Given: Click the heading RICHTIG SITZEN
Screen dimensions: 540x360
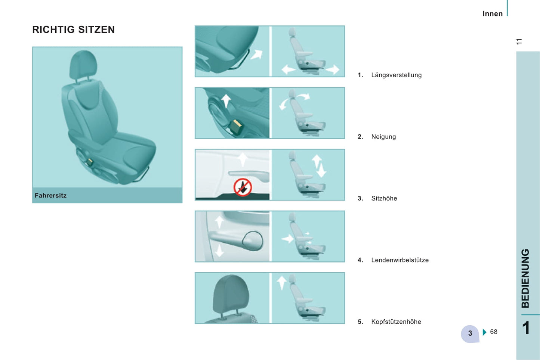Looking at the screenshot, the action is click(74, 30).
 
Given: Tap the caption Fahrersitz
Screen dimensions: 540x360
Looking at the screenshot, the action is click(50, 195).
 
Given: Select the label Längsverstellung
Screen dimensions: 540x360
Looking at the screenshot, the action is click(396, 75).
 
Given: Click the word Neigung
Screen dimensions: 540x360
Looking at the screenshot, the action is click(383, 137).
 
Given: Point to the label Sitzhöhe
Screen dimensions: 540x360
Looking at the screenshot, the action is click(384, 198).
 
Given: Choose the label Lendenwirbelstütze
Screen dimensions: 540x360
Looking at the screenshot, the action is click(400, 260).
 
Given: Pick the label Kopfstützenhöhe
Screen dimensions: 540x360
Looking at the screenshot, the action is click(396, 322).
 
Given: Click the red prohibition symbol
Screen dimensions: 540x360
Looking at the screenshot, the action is click(243, 187).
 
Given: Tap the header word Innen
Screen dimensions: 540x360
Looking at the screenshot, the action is click(493, 14).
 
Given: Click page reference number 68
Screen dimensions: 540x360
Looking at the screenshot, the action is click(493, 332).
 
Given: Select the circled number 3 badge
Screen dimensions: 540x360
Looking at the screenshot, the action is click(470, 333).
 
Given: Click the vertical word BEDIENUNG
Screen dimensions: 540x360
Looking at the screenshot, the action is click(525, 278).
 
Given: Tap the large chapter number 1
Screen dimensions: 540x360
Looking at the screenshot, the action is click(526, 328).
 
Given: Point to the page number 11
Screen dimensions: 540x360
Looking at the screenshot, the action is click(519, 41).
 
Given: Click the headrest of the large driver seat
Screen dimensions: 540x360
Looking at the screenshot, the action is click(83, 64).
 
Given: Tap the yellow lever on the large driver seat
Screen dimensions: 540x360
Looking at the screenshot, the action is click(90, 162).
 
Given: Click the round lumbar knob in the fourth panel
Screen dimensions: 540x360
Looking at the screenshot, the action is click(253, 240).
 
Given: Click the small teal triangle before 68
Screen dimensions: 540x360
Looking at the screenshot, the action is click(484, 332).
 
